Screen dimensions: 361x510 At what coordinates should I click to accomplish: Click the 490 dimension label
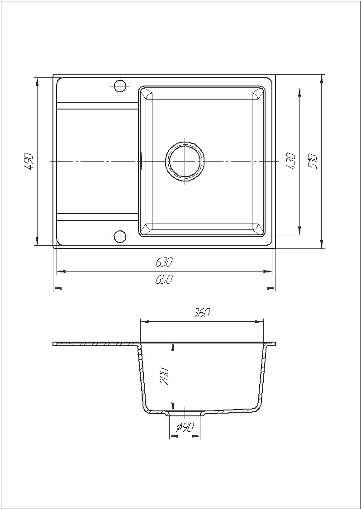coord(29,161)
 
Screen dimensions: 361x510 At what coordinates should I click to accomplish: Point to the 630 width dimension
coord(164,262)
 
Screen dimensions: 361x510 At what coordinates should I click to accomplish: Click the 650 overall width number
coord(164,279)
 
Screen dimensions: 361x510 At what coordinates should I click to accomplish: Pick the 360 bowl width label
coord(202,313)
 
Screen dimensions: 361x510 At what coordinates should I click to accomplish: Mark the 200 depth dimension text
coord(165,377)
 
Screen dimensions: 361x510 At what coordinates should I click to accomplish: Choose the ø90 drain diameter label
coord(185,427)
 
